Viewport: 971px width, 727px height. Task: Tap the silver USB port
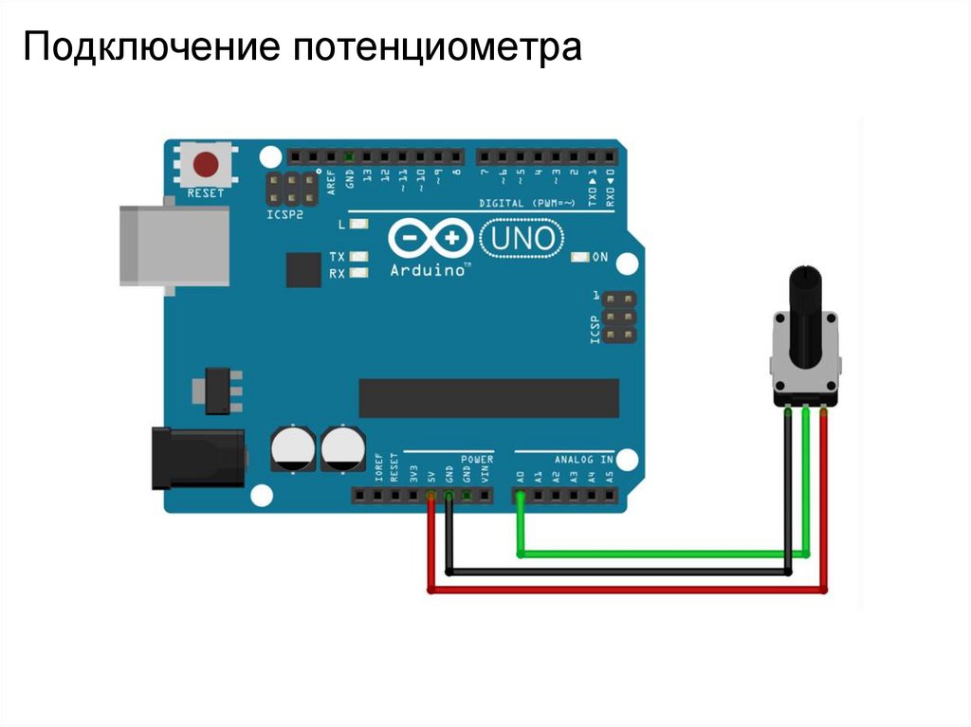(174, 245)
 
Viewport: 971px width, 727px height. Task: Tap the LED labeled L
(358, 226)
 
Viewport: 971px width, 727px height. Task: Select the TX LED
(358, 257)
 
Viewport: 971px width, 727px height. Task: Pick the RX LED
(358, 273)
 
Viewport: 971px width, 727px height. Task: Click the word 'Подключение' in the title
(152, 47)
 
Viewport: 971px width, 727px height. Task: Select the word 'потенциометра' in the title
(436, 47)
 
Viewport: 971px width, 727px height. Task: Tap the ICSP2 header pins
(291, 189)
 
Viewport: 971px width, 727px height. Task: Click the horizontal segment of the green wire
(664, 553)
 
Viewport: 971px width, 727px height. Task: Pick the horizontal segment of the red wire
(626, 591)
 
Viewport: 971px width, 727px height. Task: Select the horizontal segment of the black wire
(616, 572)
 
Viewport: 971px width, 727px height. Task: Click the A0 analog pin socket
(520, 495)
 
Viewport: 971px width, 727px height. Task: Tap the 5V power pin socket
(431, 495)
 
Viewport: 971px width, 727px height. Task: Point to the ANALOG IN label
(583, 459)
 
